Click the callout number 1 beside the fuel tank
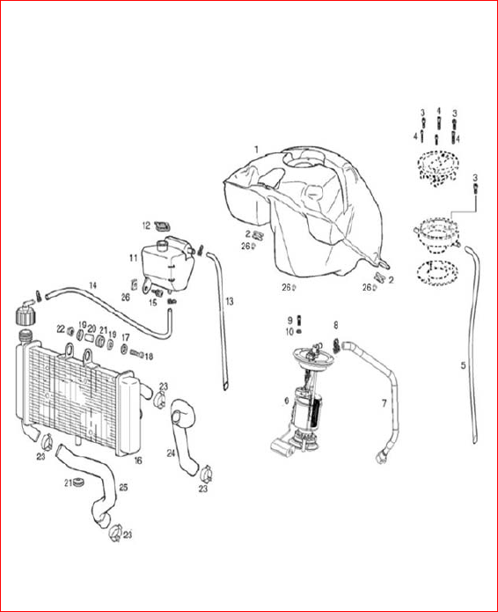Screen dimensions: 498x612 coord(257,150)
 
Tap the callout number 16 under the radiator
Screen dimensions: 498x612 coord(138,461)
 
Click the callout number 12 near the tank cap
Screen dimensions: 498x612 coord(146,226)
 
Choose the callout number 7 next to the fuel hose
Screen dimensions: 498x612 coord(384,403)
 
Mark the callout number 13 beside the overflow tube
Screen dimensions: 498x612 coord(230,302)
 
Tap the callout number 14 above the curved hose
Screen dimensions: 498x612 coord(92,285)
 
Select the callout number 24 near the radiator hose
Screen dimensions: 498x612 coord(171,453)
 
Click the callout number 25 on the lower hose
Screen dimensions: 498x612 coord(123,488)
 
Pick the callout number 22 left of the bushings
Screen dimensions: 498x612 coord(61,329)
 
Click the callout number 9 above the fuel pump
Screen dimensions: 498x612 coord(289,321)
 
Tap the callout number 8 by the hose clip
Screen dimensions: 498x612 coord(336,325)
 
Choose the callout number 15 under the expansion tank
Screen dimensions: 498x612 coord(153,303)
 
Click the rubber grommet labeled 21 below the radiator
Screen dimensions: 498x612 coord(79,482)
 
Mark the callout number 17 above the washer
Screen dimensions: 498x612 coord(125,337)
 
